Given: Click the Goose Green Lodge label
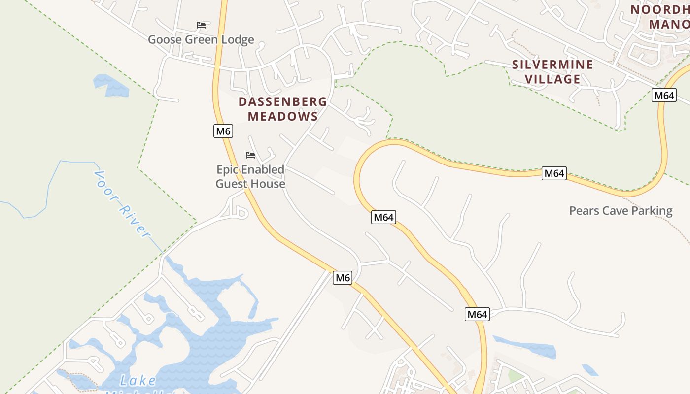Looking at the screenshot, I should pyautogui.click(x=201, y=39).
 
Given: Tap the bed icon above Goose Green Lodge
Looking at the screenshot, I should pyautogui.click(x=201, y=25).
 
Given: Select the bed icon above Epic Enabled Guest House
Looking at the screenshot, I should pyautogui.click(x=250, y=155).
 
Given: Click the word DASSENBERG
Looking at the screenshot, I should pyautogui.click(x=282, y=102).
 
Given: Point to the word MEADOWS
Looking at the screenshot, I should pyautogui.click(x=282, y=116).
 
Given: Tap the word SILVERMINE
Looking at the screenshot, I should pyautogui.click(x=552, y=65).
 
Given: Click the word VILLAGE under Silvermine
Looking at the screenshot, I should pyautogui.click(x=552, y=79).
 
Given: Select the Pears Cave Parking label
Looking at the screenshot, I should pyautogui.click(x=621, y=211).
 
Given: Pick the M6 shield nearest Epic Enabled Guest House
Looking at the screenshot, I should pyautogui.click(x=223, y=131).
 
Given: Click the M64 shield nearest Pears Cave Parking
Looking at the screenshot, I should pyautogui.click(x=553, y=173).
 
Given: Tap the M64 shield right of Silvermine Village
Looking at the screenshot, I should pyautogui.click(x=664, y=95).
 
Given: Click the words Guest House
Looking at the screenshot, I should pyautogui.click(x=250, y=184).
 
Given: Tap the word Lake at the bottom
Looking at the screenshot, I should pyautogui.click(x=138, y=380).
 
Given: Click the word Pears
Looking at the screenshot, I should pyautogui.click(x=584, y=211).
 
